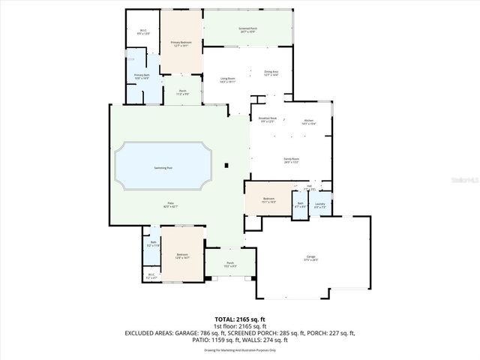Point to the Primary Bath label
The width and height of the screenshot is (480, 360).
click(x=142, y=76)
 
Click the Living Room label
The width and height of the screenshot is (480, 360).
click(x=227, y=79)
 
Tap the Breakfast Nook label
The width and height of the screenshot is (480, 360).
click(x=268, y=120)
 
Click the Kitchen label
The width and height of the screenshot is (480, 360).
click(x=308, y=120)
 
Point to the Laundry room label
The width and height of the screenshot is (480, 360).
click(x=320, y=205)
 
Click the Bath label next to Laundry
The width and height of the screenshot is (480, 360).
click(x=300, y=205)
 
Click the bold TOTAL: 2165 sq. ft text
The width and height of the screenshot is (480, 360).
click(x=240, y=319)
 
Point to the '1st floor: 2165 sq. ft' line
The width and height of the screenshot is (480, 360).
click(x=240, y=326)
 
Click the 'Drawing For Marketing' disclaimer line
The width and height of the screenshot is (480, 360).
click(x=240, y=350)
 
